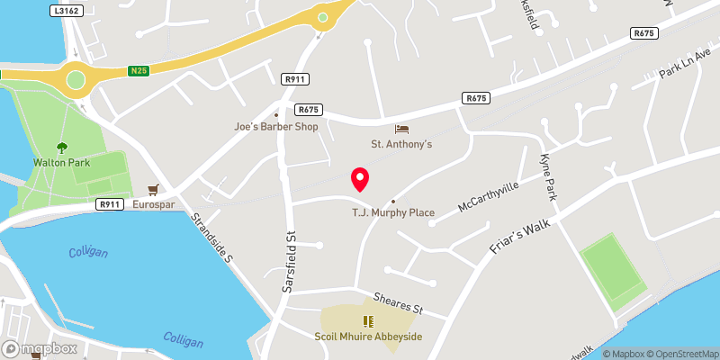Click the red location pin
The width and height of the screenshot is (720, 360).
point(360,179)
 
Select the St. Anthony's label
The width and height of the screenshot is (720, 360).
point(402,144)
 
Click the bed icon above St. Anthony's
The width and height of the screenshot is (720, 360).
point(401,130)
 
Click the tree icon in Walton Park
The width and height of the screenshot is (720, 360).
point(61,147)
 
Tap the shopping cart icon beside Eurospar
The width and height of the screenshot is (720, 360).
point(153,190)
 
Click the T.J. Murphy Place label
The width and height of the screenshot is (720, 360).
point(392,212)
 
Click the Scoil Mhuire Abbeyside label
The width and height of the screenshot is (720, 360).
point(368,337)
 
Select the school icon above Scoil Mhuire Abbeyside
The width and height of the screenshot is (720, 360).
point(367,321)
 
